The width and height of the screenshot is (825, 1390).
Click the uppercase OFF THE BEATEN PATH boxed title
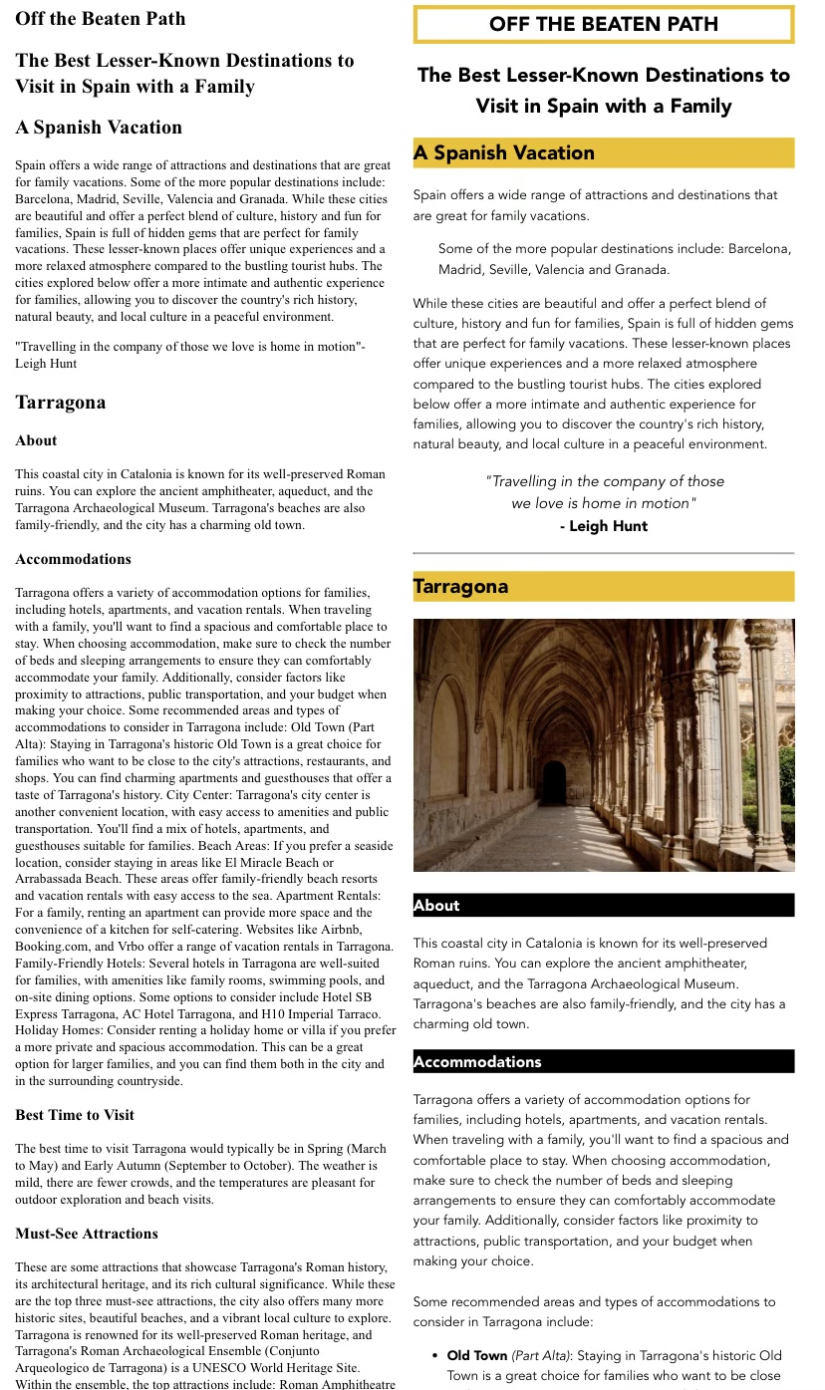tap(603, 25)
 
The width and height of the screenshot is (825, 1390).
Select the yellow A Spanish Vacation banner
tap(603, 152)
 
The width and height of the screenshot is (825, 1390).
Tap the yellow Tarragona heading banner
tap(603, 586)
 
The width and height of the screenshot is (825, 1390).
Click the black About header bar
tap(603, 905)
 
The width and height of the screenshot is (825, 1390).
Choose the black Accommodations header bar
tap(603, 1061)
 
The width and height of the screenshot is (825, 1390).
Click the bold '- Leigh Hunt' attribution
tap(603, 526)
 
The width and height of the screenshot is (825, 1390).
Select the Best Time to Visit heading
tap(75, 1115)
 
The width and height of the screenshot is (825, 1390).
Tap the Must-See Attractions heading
tap(87, 1234)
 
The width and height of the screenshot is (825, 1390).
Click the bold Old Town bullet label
tap(477, 1355)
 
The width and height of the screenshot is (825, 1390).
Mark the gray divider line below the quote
tap(603, 553)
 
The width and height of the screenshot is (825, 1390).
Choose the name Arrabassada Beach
tap(67, 879)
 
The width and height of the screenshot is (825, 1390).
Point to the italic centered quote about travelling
tap(604, 492)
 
